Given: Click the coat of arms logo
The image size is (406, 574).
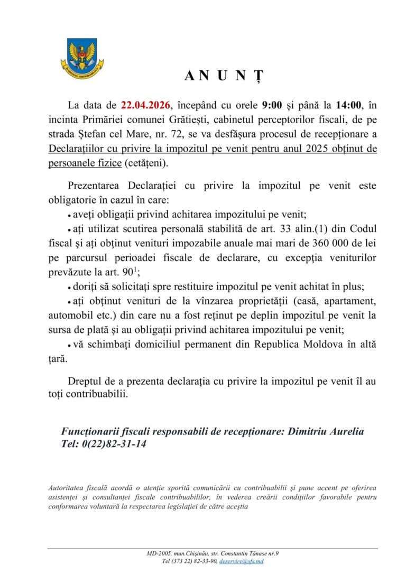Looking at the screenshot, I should (x=81, y=56).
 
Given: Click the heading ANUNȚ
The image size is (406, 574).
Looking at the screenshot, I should (x=223, y=76).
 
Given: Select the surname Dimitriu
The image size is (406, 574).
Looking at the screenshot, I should (x=308, y=431).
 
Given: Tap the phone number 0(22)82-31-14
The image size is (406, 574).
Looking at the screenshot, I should (x=114, y=444).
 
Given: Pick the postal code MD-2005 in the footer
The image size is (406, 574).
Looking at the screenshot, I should (x=158, y=553).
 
